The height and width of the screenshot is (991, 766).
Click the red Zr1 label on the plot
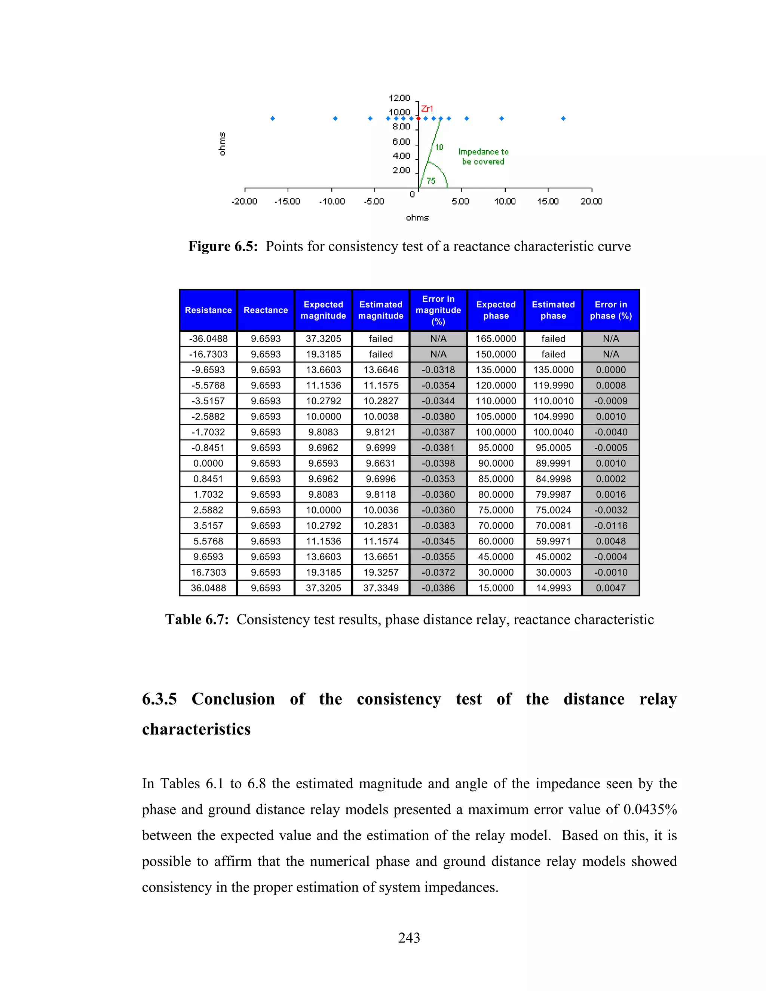pyautogui.click(x=427, y=108)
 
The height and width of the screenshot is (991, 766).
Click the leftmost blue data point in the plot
pyautogui.click(x=273, y=119)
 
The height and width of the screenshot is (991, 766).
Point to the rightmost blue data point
pyautogui.click(x=563, y=119)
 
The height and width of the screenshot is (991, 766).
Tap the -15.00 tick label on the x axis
pyautogui.click(x=287, y=202)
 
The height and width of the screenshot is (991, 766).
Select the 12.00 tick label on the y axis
pyautogui.click(x=399, y=98)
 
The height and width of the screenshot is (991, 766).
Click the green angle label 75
pyautogui.click(x=431, y=181)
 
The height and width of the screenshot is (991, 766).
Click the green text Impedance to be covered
pyautogui.click(x=483, y=157)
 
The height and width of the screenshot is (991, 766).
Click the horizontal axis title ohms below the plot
pyautogui.click(x=417, y=218)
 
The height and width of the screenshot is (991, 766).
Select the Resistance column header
pyautogui.click(x=208, y=310)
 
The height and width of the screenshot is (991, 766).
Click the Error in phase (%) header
pyautogui.click(x=611, y=310)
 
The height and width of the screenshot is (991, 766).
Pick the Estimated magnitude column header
pyautogui.click(x=381, y=310)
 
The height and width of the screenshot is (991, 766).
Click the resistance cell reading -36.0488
pyautogui.click(x=208, y=338)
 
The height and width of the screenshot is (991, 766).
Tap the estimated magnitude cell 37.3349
pyautogui.click(x=381, y=588)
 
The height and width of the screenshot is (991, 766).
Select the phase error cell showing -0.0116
pyautogui.click(x=611, y=525)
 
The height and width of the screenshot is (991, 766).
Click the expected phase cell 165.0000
pyautogui.click(x=496, y=338)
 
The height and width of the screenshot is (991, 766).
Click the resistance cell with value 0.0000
pyautogui.click(x=208, y=463)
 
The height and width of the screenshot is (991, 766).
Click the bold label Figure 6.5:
pyautogui.click(x=223, y=246)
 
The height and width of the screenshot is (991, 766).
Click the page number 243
pyautogui.click(x=409, y=938)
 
